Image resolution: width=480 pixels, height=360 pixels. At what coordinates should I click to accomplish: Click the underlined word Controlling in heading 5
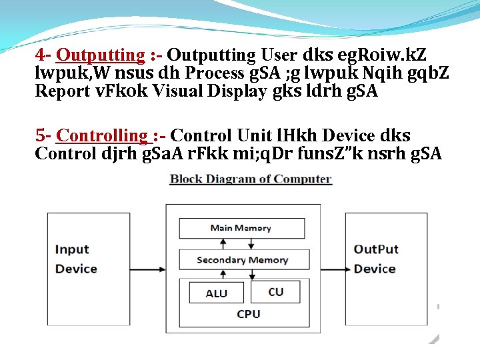click(103, 136)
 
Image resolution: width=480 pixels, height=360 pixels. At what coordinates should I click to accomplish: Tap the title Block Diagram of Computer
click(250, 179)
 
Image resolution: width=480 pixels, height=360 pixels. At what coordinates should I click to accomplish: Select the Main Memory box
click(241, 228)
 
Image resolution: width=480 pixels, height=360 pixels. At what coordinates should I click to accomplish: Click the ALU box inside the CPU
click(216, 293)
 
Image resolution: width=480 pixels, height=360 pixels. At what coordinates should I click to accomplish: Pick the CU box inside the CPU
click(275, 291)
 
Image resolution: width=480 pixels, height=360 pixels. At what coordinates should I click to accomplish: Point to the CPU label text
click(249, 313)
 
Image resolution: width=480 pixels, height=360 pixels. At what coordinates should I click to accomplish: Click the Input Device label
click(76, 259)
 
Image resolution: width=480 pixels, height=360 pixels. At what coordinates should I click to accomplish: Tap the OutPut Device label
click(375, 259)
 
